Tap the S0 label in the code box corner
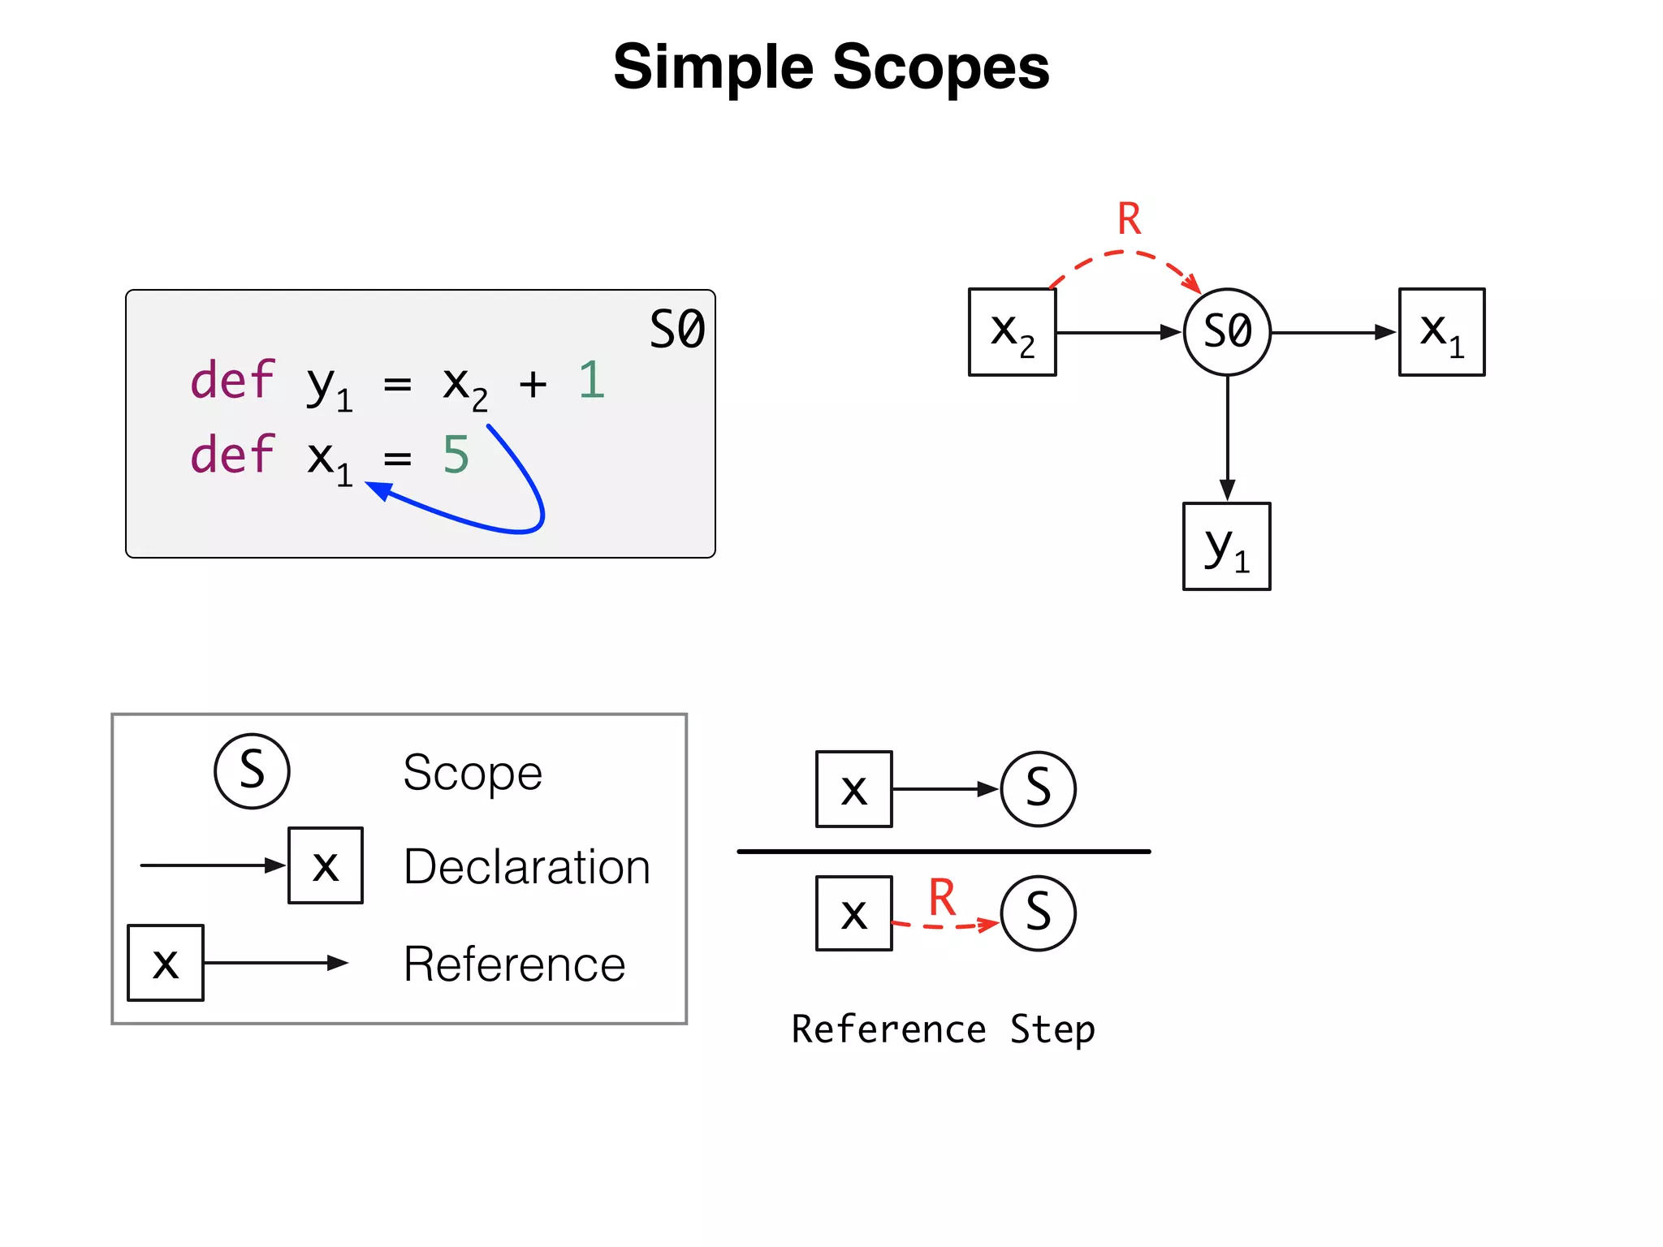(676, 330)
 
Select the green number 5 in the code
(456, 455)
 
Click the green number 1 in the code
(591, 380)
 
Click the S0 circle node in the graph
(1227, 332)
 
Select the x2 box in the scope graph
(1012, 332)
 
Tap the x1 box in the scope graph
(1441, 332)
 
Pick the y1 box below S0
(1226, 546)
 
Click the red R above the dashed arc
(1129, 219)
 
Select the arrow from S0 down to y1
(1227, 438)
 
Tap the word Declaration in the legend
(526, 866)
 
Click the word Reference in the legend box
(514, 964)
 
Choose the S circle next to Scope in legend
(252, 770)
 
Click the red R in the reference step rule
(942, 897)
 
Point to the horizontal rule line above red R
(944, 851)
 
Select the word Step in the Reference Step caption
(1052, 1029)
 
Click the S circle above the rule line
(1038, 788)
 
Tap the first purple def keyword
(232, 380)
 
